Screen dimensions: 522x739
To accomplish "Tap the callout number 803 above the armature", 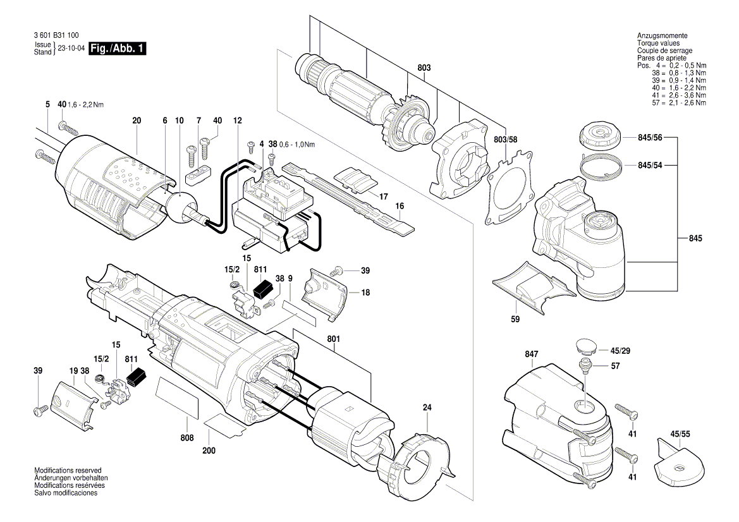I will coord(424,67).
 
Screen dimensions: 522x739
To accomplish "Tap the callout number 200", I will coord(209,451).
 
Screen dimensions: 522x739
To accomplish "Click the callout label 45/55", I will coord(680,435).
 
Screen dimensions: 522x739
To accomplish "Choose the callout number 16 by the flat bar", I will coord(400,206).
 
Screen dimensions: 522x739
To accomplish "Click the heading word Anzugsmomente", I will coord(662,36).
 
